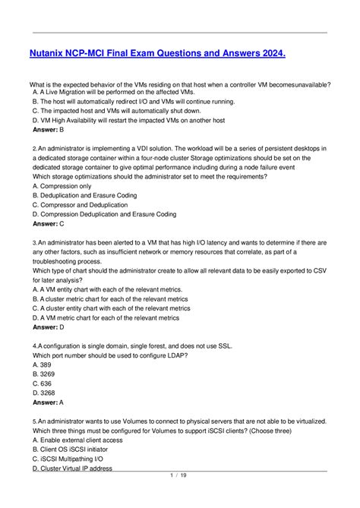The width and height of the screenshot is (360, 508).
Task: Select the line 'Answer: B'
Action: tap(49, 130)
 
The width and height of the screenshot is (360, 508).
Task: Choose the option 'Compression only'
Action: tap(62, 185)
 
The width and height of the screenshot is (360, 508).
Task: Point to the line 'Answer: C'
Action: tap(49, 224)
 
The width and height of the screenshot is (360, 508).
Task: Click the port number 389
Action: tap(43, 364)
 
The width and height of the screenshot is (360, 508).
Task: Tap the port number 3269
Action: tap(46, 374)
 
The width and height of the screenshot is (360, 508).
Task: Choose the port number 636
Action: tap(43, 383)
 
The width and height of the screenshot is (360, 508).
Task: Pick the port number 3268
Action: tap(46, 393)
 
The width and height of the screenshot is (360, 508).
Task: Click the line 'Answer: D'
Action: tap(49, 327)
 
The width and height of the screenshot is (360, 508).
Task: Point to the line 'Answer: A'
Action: tap(49, 402)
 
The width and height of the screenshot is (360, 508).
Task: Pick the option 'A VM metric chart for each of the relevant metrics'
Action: tap(111, 317)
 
